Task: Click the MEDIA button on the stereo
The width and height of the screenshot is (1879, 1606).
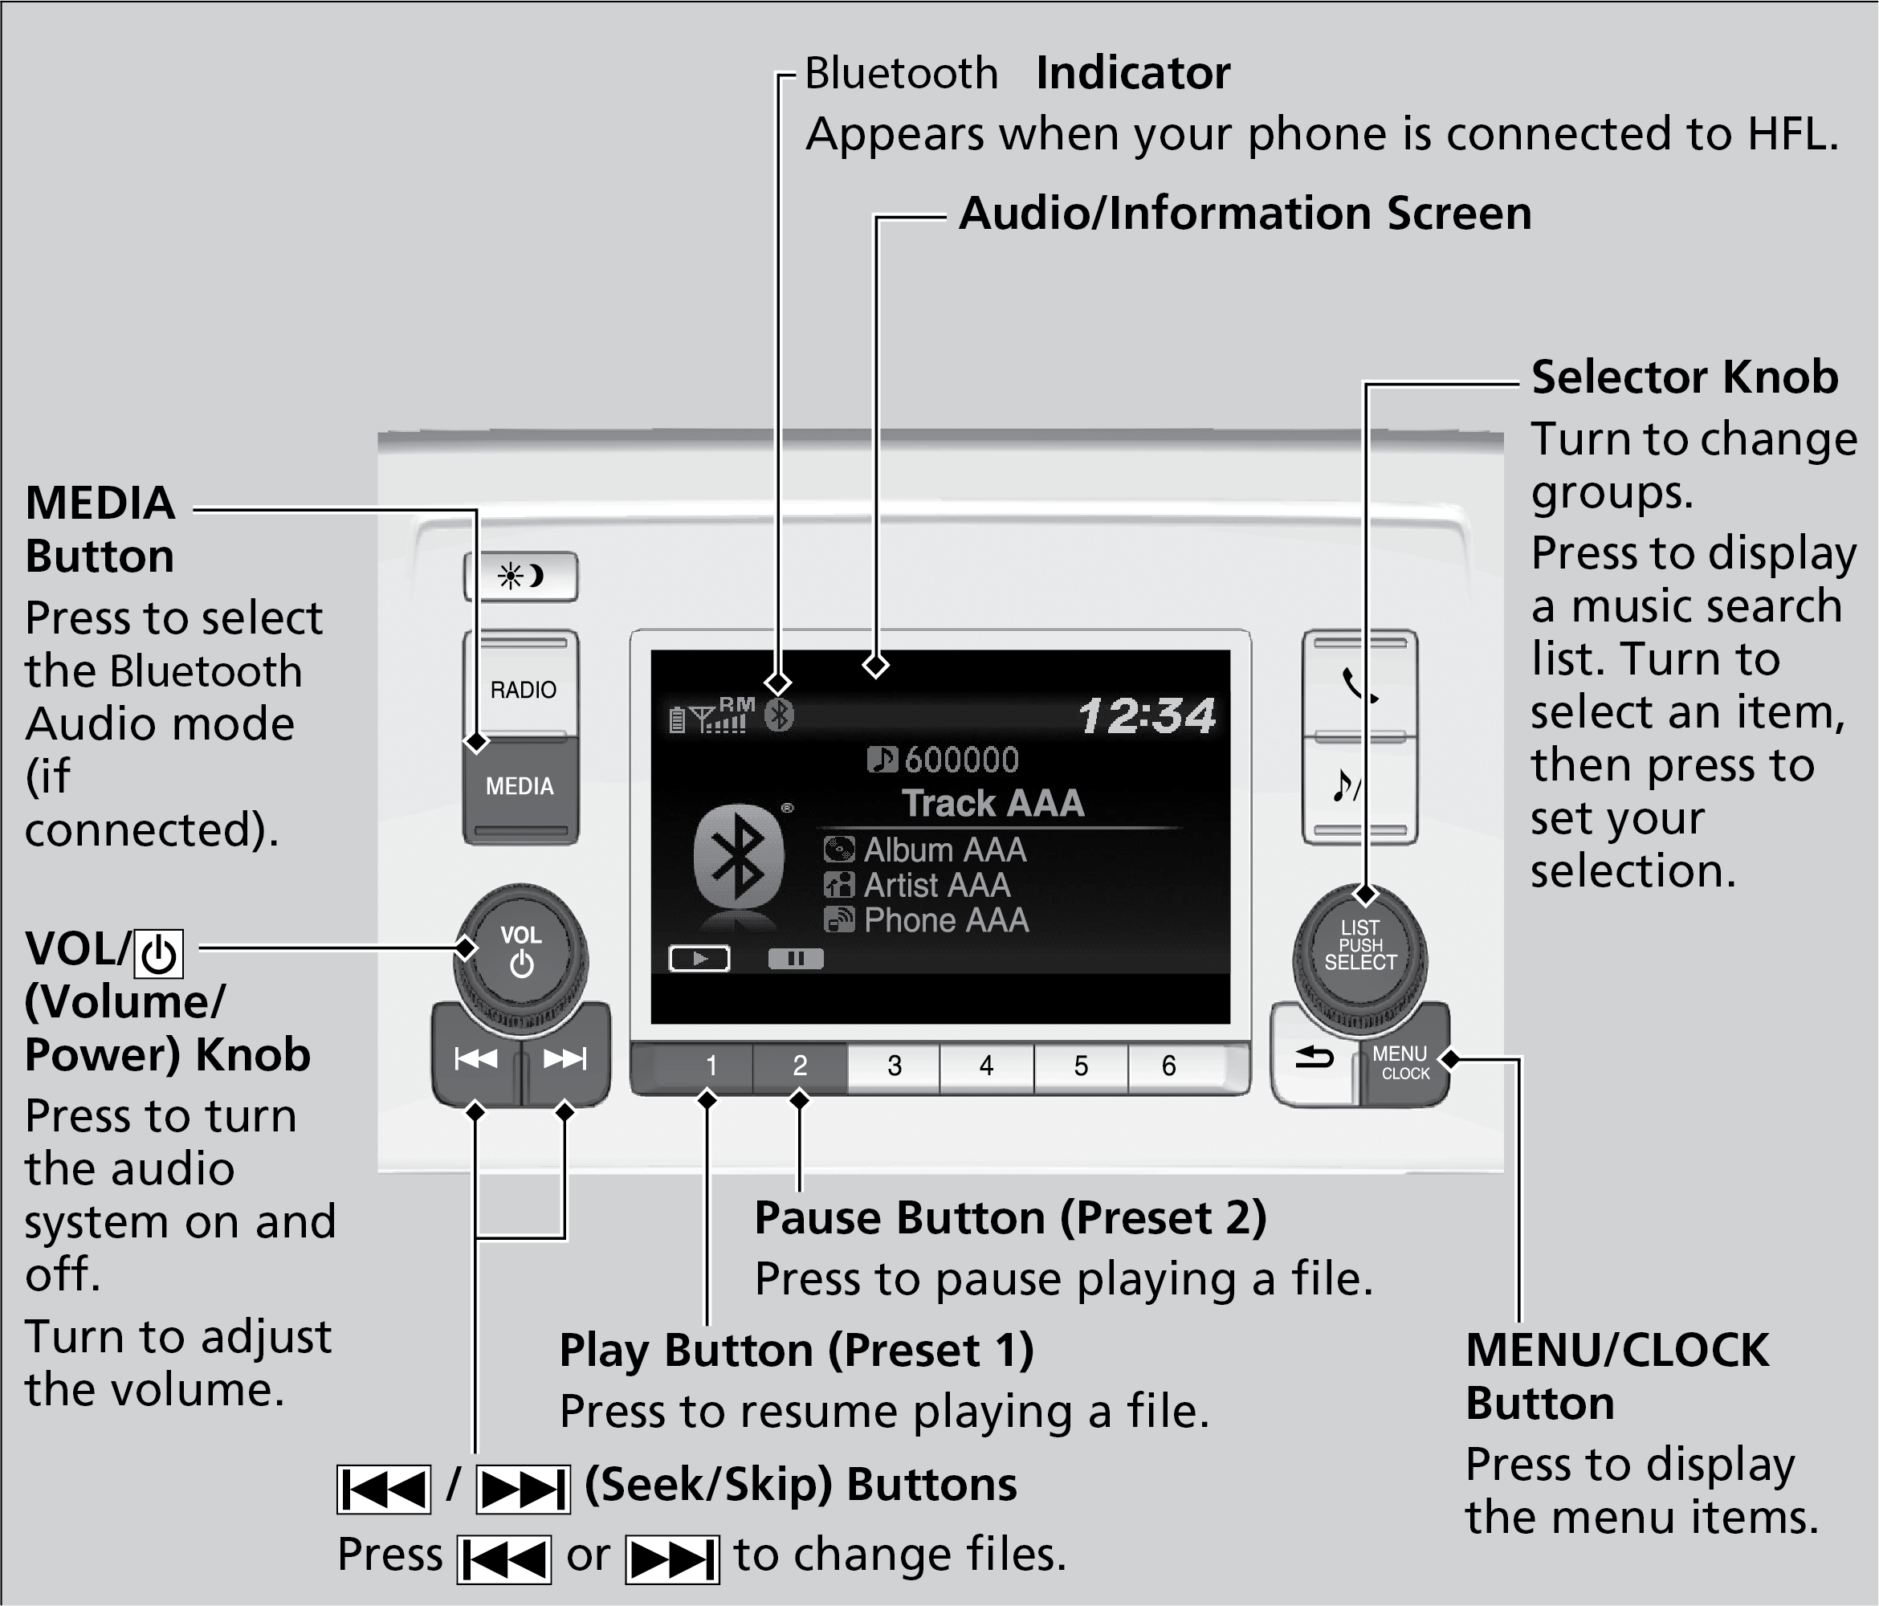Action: pyautogui.click(x=520, y=787)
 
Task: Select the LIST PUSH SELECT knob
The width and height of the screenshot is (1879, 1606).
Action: pyautogui.click(x=1359, y=947)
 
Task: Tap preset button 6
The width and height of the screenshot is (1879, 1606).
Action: pyautogui.click(x=1169, y=1066)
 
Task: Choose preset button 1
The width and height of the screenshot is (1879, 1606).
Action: pyautogui.click(x=711, y=1066)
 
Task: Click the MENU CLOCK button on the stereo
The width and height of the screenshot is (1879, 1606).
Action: pyautogui.click(x=1402, y=1063)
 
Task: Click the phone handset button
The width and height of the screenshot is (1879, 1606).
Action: pyautogui.click(x=1359, y=685)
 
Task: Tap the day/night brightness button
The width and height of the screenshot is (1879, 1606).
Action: pyautogui.click(x=520, y=576)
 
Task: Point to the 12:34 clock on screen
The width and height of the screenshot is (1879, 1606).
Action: pyautogui.click(x=1146, y=716)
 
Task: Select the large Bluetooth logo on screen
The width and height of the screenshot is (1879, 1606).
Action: pyautogui.click(x=738, y=856)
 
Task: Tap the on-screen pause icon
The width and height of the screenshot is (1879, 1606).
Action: pyautogui.click(x=795, y=959)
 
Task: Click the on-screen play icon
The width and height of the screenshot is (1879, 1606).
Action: pyautogui.click(x=699, y=959)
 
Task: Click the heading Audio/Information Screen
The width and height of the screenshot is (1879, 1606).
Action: pyautogui.click(x=1245, y=214)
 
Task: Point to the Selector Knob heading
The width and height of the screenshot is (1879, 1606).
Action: pyautogui.click(x=1684, y=377)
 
